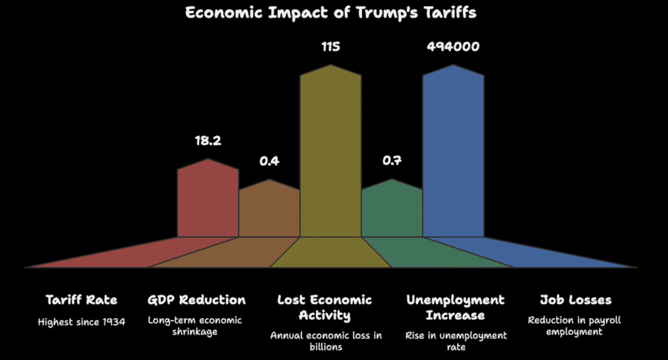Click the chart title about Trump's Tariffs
(330, 13)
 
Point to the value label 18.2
(207, 140)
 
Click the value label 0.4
(269, 160)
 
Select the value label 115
(330, 47)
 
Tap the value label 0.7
(391, 160)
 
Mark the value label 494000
(453, 47)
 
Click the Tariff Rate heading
(82, 300)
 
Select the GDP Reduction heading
(197, 300)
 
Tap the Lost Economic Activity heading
(325, 307)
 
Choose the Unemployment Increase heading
(455, 307)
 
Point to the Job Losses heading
(575, 300)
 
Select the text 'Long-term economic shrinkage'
(195, 325)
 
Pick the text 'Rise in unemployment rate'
(455, 340)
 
